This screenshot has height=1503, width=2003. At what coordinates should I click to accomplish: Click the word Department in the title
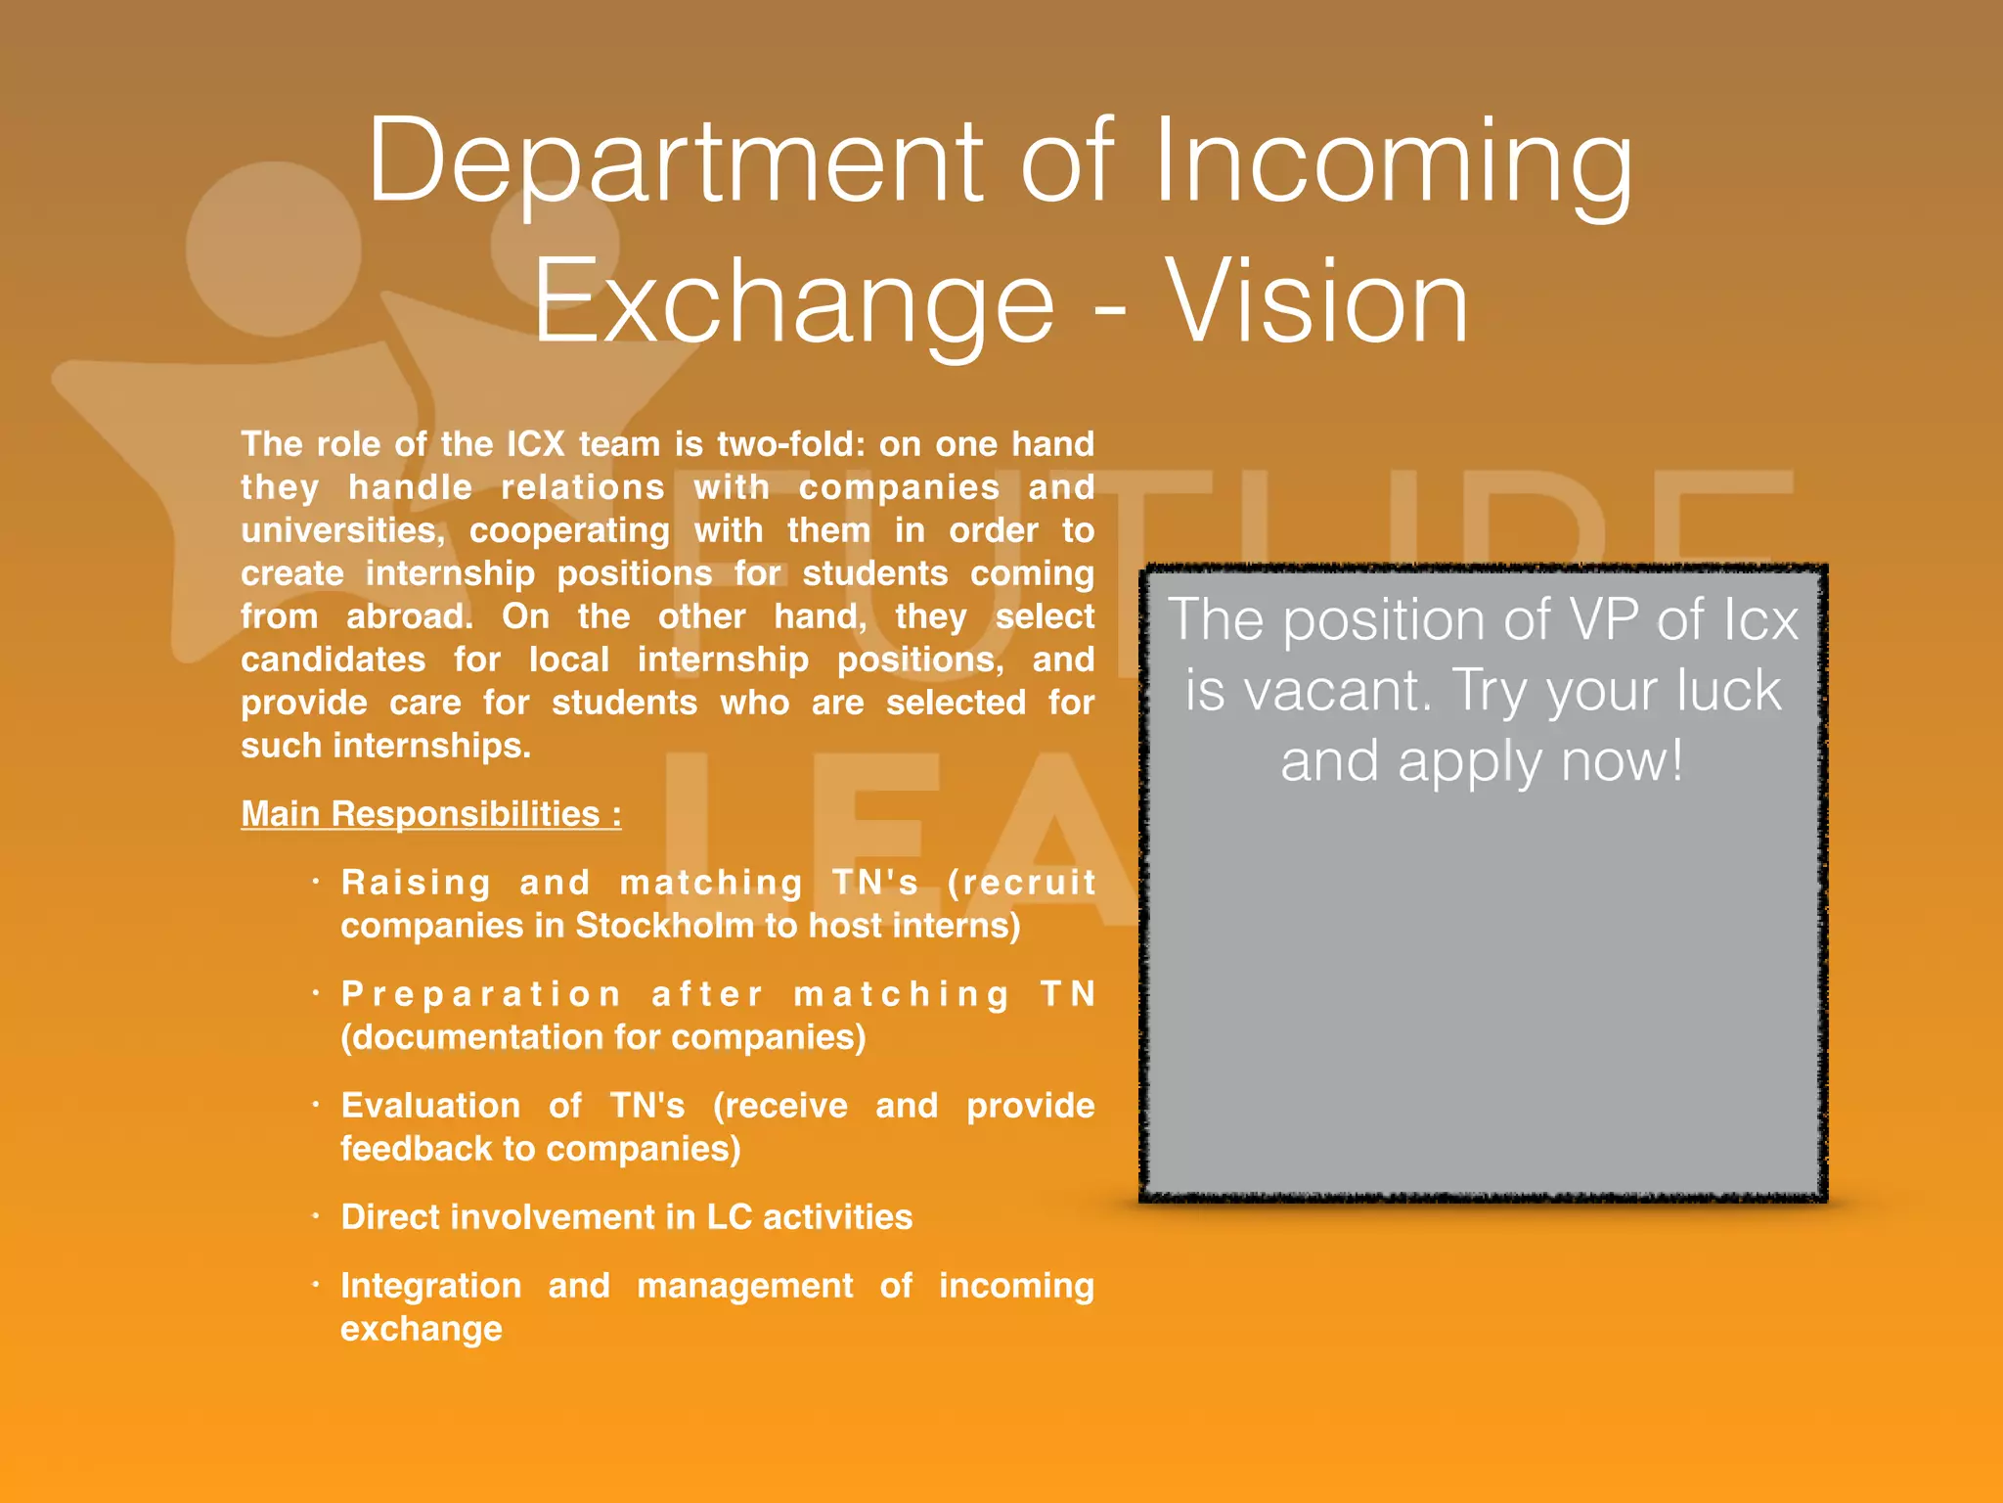675,161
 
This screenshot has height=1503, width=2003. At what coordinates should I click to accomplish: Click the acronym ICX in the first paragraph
536,444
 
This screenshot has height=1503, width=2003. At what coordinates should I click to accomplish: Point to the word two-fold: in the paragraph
791,444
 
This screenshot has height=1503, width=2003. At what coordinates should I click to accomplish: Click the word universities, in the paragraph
343,530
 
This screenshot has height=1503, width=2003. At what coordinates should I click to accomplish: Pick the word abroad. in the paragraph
410,616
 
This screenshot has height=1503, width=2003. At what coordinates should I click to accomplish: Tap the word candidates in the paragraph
334,660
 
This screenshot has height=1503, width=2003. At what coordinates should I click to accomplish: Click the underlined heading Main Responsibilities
430,814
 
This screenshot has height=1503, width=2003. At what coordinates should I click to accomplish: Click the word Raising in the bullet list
416,883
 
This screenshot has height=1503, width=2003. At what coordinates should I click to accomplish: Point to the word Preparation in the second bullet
481,994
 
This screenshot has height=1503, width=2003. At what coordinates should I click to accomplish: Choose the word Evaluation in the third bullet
430,1106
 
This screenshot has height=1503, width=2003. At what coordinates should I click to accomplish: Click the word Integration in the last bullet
431,1286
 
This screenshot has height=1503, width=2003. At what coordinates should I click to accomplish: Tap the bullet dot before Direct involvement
316,1216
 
